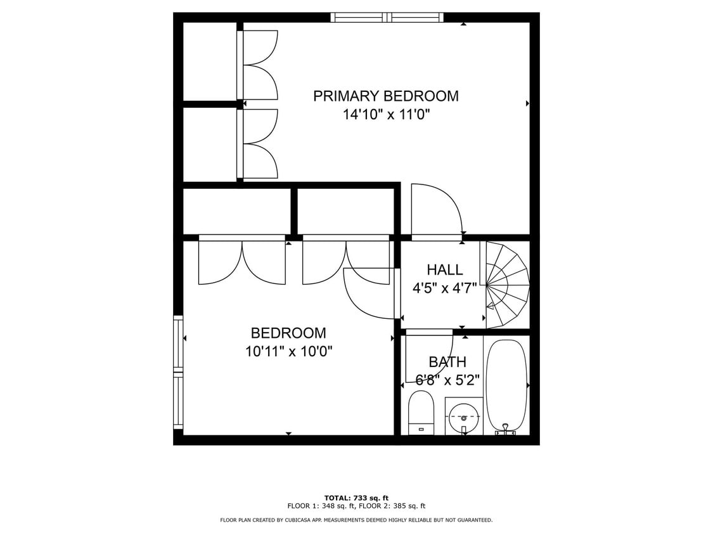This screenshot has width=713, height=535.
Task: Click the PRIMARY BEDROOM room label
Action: coord(385,96)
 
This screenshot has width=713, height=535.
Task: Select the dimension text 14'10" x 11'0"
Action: coord(385,115)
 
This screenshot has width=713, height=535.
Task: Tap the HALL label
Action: coord(444,270)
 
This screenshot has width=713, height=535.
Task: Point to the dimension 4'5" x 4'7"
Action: coord(444,288)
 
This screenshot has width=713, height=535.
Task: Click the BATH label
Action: coord(447,362)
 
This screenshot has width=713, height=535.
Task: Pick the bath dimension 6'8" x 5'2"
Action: coord(447,380)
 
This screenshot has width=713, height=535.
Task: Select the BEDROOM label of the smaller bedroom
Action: coord(288,333)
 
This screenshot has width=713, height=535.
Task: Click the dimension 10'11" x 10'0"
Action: coord(288,351)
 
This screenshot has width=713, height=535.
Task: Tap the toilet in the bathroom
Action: coord(421,412)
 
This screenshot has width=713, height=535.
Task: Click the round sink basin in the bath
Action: coord(464,418)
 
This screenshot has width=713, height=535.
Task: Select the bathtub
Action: coord(506,385)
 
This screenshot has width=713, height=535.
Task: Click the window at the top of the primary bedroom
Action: coord(387,18)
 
